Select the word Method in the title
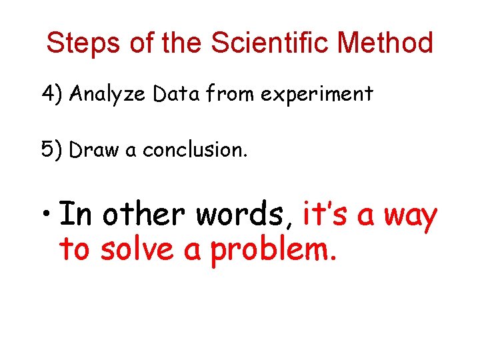[385, 43]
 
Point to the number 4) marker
[52, 95]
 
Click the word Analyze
[107, 95]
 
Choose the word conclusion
[195, 151]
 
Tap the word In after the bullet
[76, 215]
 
